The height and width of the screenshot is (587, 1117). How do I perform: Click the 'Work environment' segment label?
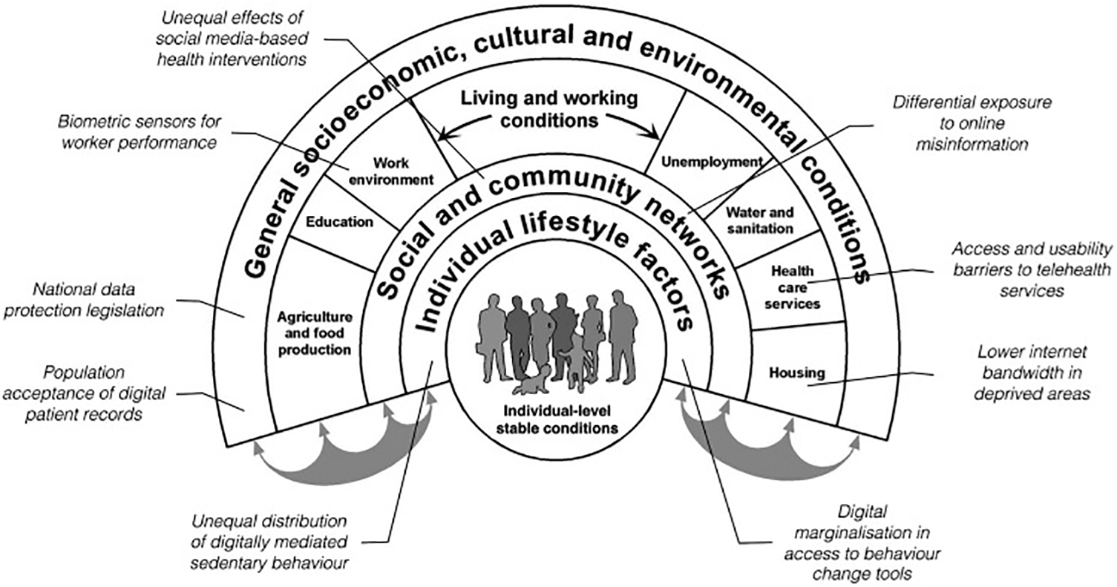tap(402, 170)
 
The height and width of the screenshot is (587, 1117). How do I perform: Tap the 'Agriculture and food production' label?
tap(314, 333)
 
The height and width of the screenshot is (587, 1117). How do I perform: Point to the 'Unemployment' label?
tap(712, 162)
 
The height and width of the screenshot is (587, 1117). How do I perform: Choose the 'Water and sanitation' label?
tap(759, 220)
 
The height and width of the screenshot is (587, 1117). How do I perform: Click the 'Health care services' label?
tap(795, 287)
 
